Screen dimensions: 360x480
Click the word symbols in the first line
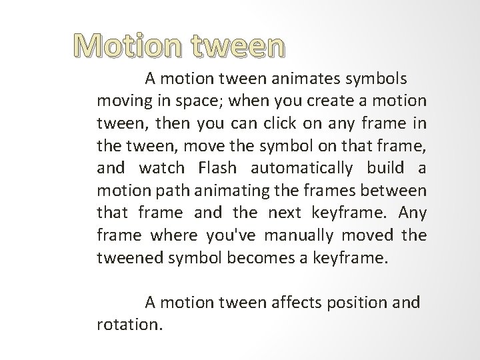point(375,79)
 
